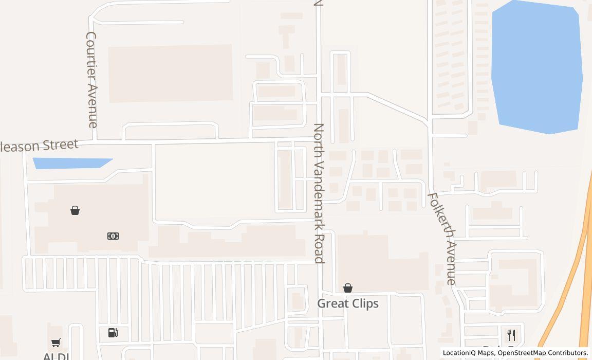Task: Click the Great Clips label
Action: pyautogui.click(x=348, y=303)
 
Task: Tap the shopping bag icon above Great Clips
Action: pyautogui.click(x=348, y=288)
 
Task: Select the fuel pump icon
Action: pyautogui.click(x=113, y=333)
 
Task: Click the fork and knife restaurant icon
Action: pyautogui.click(x=511, y=335)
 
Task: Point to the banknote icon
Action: pyautogui.click(x=113, y=236)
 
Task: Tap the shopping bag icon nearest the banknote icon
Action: pyautogui.click(x=75, y=210)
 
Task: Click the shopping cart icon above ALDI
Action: pyautogui.click(x=56, y=343)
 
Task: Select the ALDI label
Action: pyautogui.click(x=56, y=356)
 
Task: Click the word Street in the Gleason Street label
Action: pyautogui.click(x=61, y=145)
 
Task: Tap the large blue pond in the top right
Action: pyautogui.click(x=537, y=67)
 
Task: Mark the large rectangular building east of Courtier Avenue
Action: pyautogui.click(x=170, y=73)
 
